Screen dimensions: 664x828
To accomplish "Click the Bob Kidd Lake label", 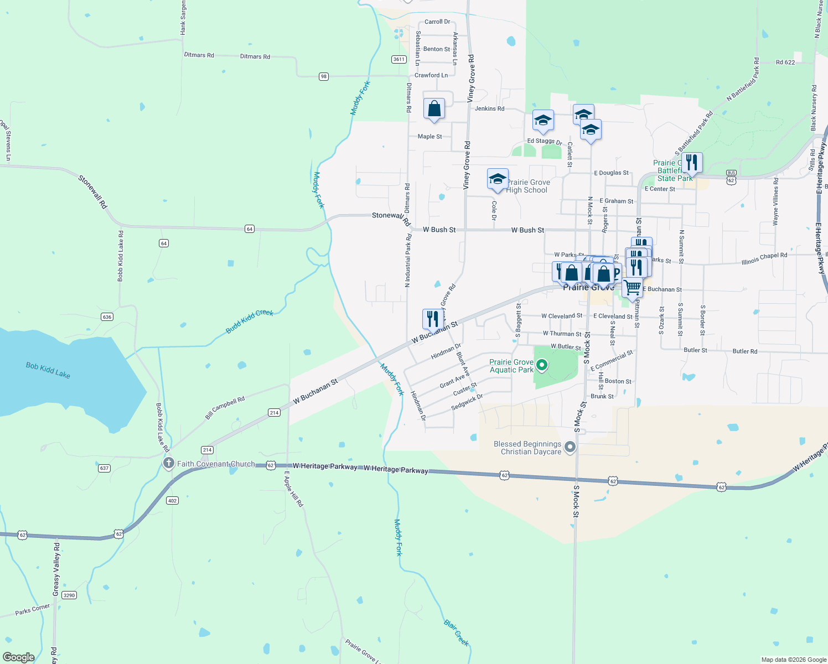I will pyautogui.click(x=48, y=370).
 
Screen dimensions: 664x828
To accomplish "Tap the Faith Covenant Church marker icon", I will pyautogui.click(x=169, y=463).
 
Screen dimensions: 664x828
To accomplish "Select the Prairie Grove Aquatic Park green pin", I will pyautogui.click(x=542, y=365).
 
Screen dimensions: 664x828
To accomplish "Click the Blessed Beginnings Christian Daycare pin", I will pyautogui.click(x=571, y=447).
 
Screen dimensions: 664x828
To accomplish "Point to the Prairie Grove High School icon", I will pyautogui.click(x=498, y=179).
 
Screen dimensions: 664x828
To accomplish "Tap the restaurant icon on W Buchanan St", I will pyautogui.click(x=432, y=319).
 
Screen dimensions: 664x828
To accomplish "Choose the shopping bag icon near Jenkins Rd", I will pyautogui.click(x=434, y=108).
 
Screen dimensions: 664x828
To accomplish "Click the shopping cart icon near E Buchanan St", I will pyautogui.click(x=632, y=288).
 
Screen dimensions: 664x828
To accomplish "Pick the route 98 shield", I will pyautogui.click(x=324, y=76).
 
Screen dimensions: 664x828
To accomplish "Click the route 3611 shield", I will pyautogui.click(x=399, y=59).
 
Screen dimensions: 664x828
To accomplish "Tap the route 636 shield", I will pyautogui.click(x=107, y=317).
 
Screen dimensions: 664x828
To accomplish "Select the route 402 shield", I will pyautogui.click(x=172, y=501).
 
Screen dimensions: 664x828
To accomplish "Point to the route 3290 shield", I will pyautogui.click(x=69, y=595).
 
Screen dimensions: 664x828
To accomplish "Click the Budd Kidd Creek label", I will pyautogui.click(x=250, y=321).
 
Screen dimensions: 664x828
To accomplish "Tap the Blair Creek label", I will pyautogui.click(x=457, y=632).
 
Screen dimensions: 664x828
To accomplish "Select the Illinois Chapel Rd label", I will pyautogui.click(x=764, y=258).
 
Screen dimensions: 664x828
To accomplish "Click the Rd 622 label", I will pyautogui.click(x=785, y=63).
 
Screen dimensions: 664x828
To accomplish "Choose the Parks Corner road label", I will pyautogui.click(x=32, y=610).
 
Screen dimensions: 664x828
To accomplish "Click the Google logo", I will pyautogui.click(x=19, y=657).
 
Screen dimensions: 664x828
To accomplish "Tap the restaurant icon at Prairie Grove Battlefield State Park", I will pyautogui.click(x=692, y=163).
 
